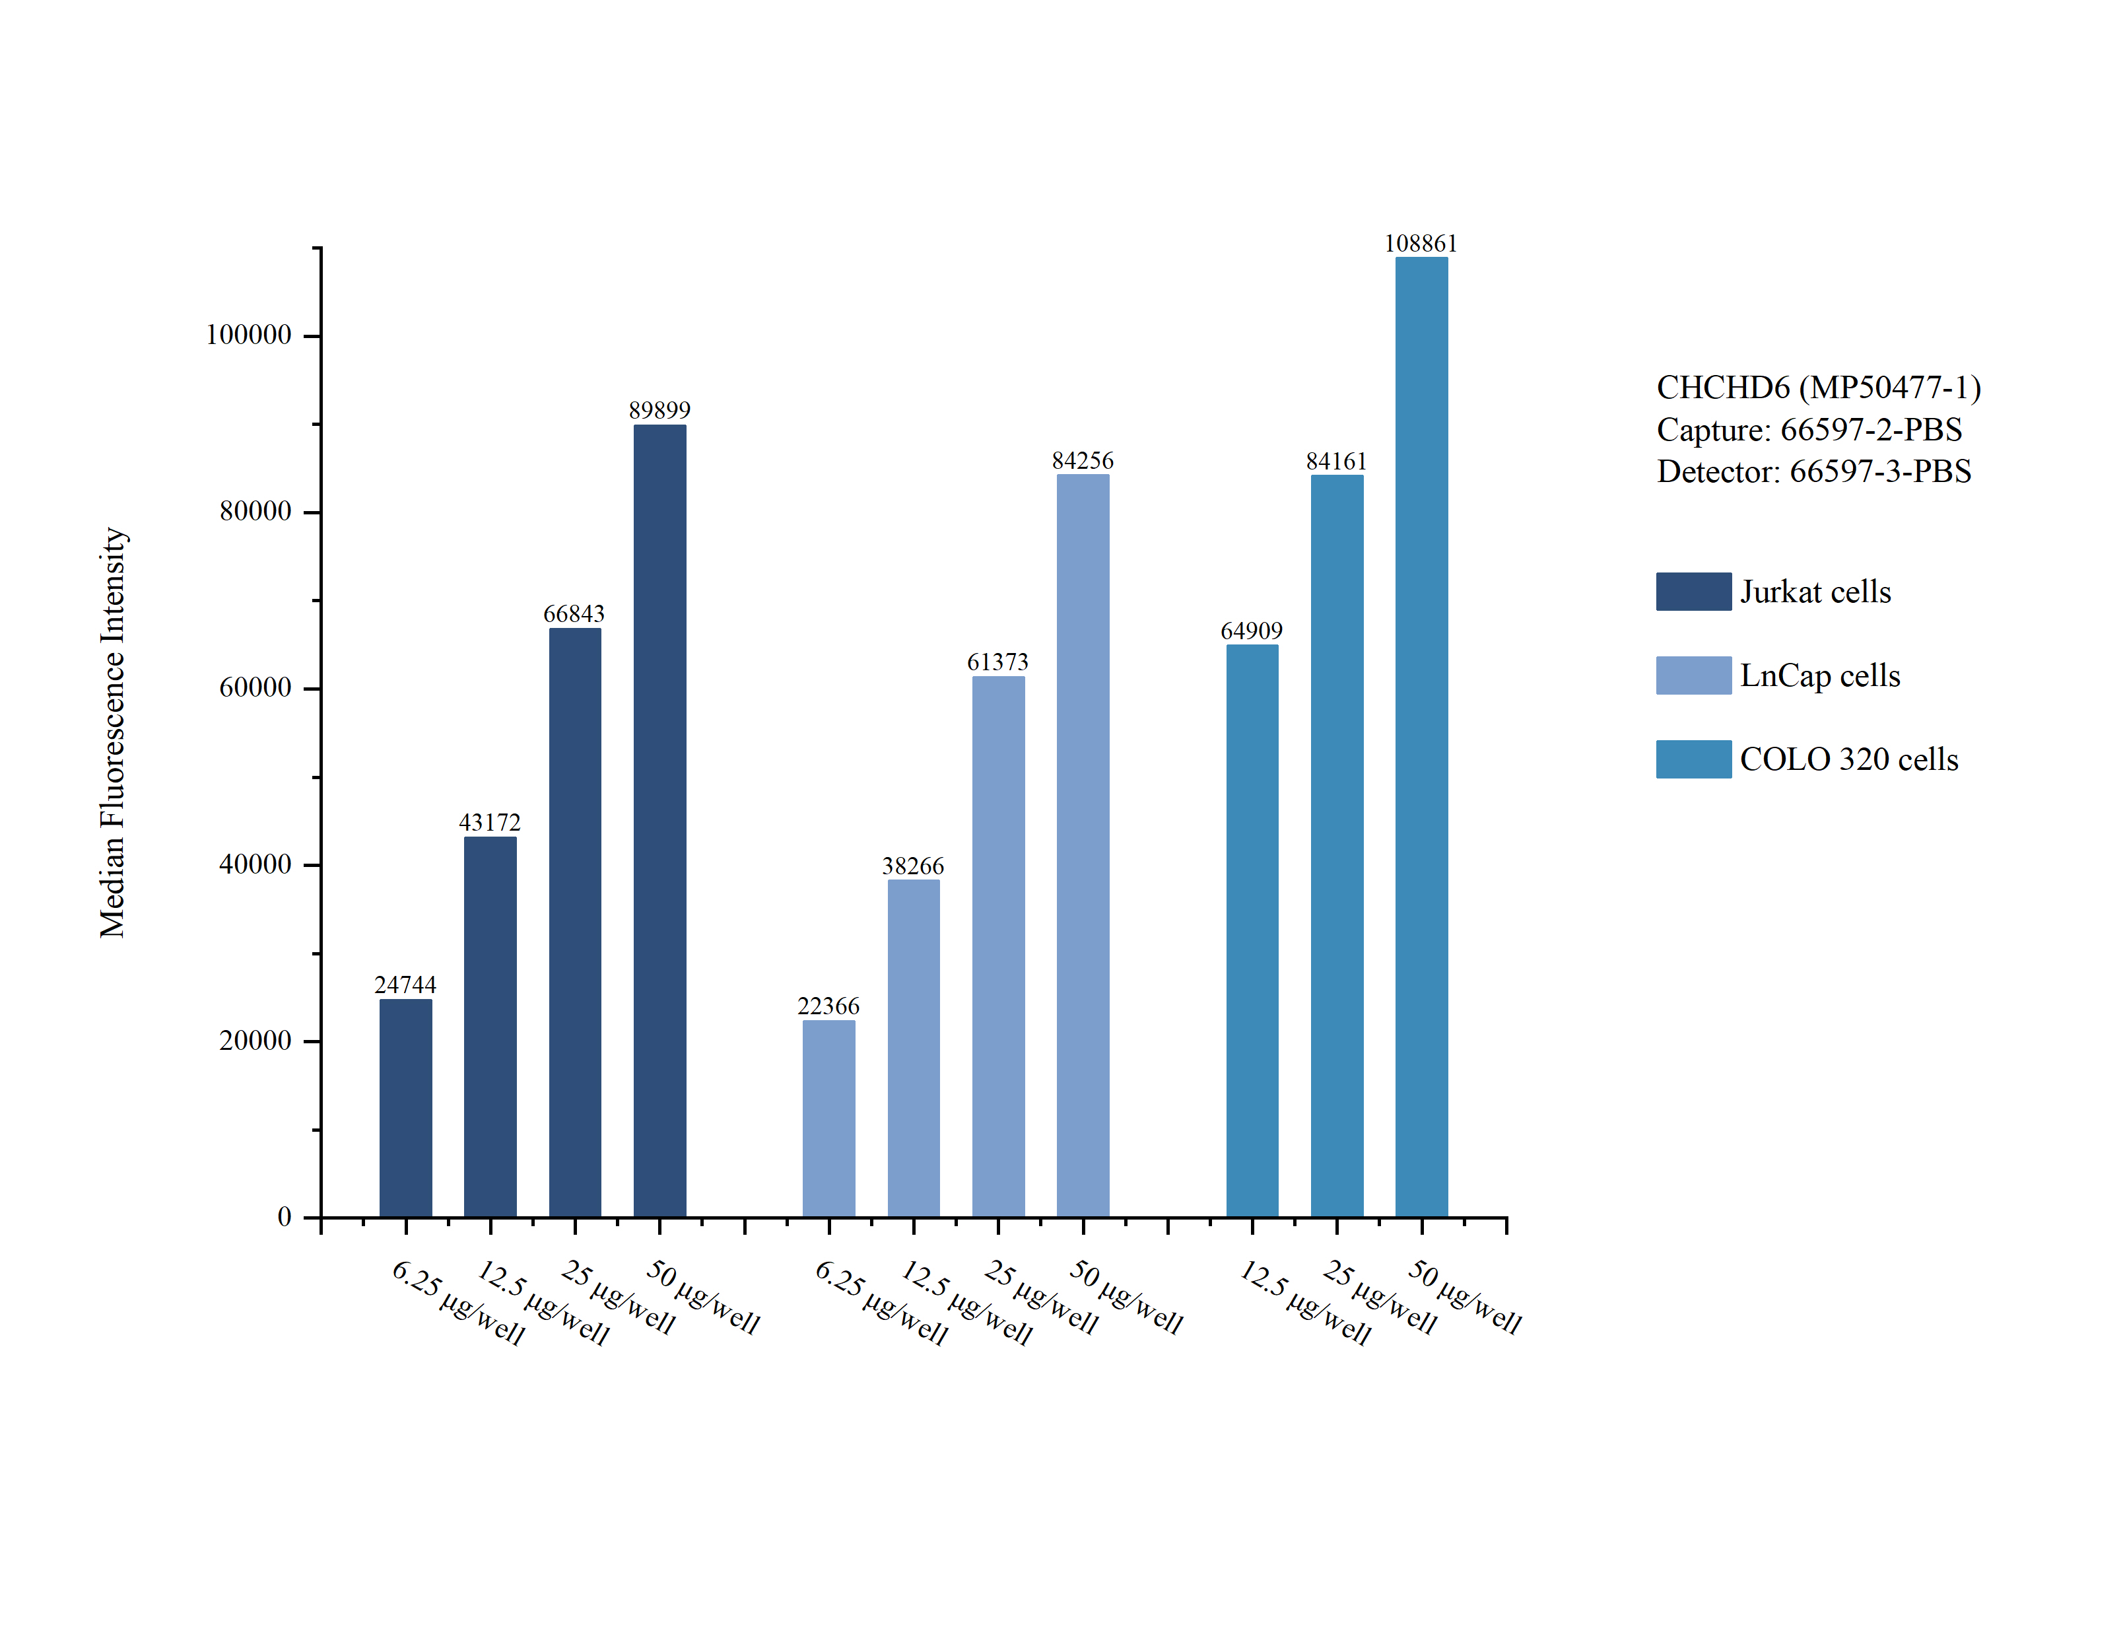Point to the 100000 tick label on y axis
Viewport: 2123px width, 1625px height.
click(248, 335)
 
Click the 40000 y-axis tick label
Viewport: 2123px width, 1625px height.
click(255, 865)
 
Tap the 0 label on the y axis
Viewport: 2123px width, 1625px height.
click(285, 1217)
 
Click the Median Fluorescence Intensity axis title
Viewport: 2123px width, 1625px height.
click(113, 732)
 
